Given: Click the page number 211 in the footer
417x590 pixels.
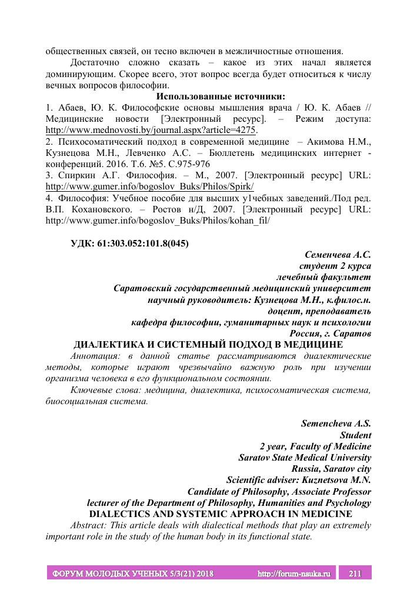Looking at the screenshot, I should pos(355,573).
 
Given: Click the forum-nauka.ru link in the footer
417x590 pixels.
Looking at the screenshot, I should pos(295,573).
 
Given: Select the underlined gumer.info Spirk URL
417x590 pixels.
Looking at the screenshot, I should pos(149,186).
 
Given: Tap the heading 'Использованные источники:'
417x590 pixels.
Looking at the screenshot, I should pos(221,96).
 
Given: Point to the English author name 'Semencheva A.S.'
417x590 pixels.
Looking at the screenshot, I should pos(336,424).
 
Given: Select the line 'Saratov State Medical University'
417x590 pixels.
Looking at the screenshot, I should pos(305,457).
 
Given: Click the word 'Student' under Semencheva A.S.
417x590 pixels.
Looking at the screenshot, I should pos(355,435).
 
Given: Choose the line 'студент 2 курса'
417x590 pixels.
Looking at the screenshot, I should pos(335,265).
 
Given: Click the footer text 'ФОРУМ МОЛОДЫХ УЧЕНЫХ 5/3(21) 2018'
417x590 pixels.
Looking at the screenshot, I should pos(133,573).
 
